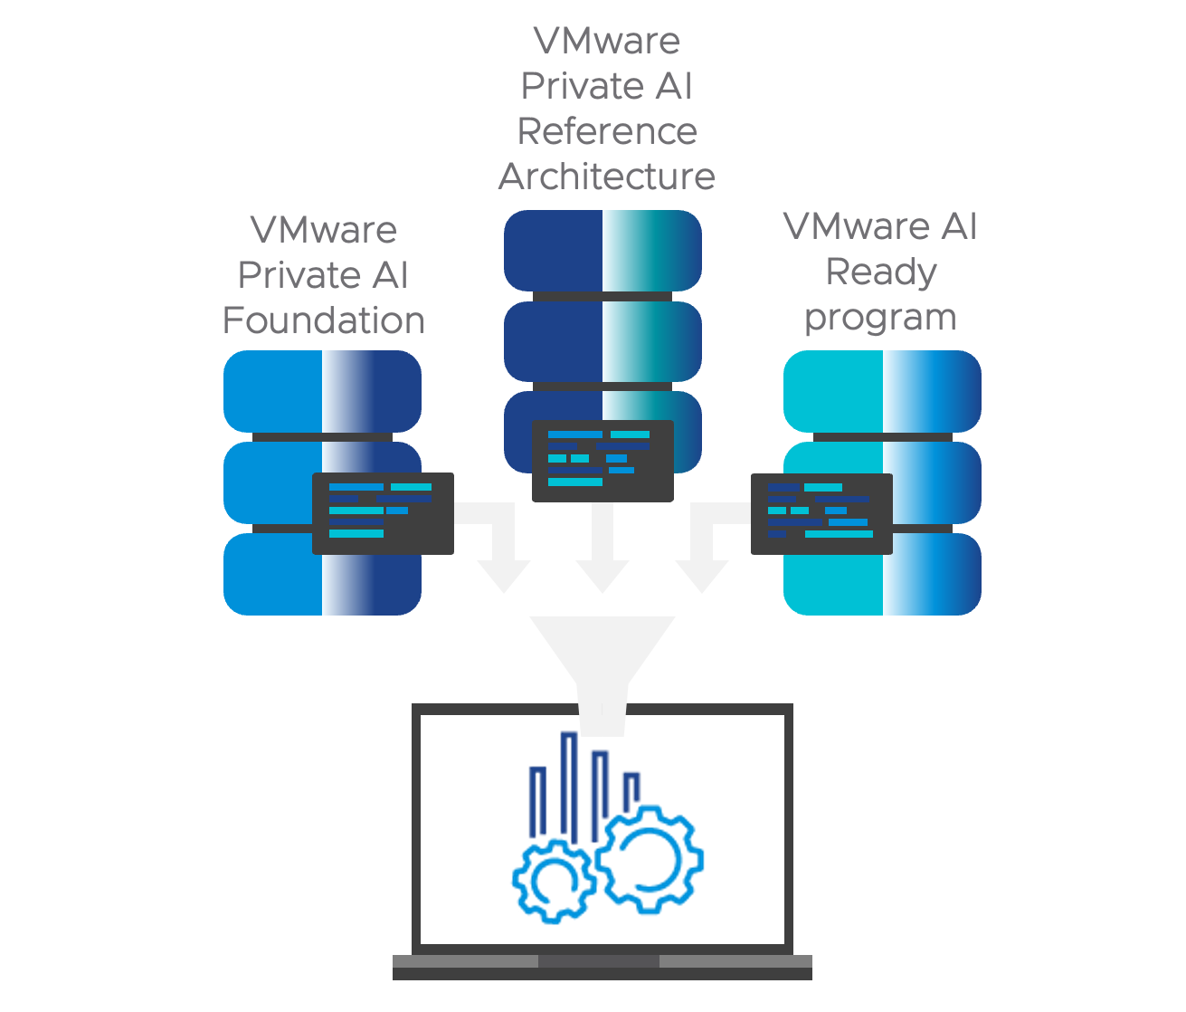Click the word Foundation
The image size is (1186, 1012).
(x=323, y=320)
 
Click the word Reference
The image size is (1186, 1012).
(x=607, y=131)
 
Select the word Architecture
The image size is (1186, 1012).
(x=607, y=177)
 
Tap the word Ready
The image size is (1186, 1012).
(x=880, y=272)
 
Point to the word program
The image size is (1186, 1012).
(x=880, y=317)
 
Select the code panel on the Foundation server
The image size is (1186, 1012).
(x=383, y=513)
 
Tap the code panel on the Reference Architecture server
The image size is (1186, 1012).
(x=602, y=461)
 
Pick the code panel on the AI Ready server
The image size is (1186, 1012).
(x=821, y=513)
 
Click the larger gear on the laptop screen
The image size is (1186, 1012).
(x=650, y=858)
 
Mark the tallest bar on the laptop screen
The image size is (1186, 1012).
(x=569, y=783)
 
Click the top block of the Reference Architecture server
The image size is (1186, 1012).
(x=602, y=251)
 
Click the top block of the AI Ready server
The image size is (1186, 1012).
(x=882, y=391)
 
